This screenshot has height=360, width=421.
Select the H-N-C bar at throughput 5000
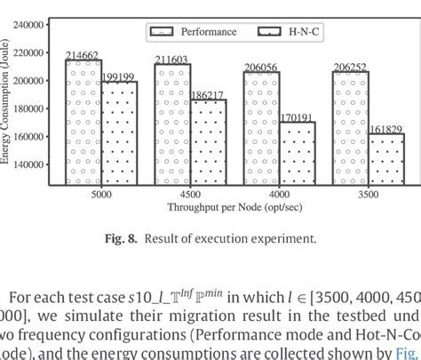(119, 133)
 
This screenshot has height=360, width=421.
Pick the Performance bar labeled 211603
(172, 124)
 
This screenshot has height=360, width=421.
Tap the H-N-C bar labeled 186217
(208, 142)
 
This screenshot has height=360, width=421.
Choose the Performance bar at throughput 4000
(261, 129)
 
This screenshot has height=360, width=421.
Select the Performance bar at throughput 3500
(350, 129)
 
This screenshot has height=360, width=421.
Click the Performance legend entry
(191, 32)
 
